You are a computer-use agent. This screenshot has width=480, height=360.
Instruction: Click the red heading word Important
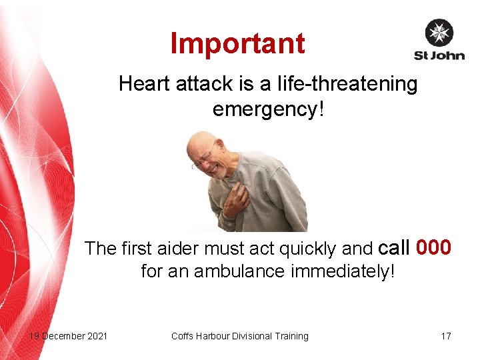[x=238, y=43]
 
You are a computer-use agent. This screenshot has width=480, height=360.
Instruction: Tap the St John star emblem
[x=439, y=33]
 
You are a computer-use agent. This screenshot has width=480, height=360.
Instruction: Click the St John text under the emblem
[x=439, y=55]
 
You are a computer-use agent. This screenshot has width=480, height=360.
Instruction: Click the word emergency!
[x=268, y=108]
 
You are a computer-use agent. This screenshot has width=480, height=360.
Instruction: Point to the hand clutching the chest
[x=235, y=201]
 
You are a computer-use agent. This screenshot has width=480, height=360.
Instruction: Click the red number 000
[x=433, y=248]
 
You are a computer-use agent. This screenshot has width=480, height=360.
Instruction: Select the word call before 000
[x=393, y=248]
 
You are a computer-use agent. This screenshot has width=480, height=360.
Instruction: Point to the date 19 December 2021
[x=68, y=336]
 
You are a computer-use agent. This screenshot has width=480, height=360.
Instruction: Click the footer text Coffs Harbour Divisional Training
[x=240, y=336]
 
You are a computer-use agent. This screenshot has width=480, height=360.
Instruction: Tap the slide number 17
[x=446, y=336]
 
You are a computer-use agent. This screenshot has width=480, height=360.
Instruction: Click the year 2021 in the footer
[x=96, y=336]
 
